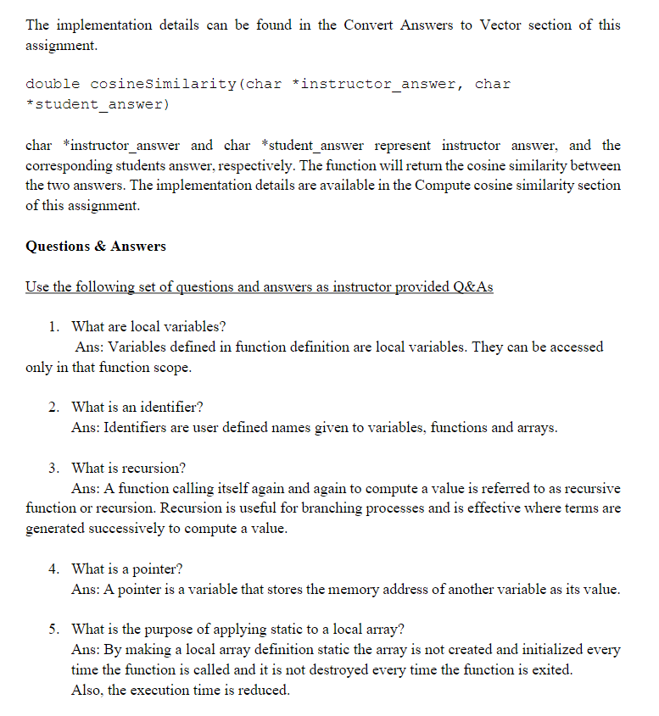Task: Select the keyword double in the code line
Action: [53, 84]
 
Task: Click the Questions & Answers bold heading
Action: [96, 247]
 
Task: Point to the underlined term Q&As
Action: [472, 286]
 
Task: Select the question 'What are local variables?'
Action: [148, 326]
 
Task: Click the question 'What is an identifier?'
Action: [137, 408]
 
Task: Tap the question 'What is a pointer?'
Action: [127, 569]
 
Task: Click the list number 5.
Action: [53, 629]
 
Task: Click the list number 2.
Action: [53, 408]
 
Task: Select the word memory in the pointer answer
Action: [338, 589]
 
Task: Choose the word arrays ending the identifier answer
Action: [536, 428]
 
